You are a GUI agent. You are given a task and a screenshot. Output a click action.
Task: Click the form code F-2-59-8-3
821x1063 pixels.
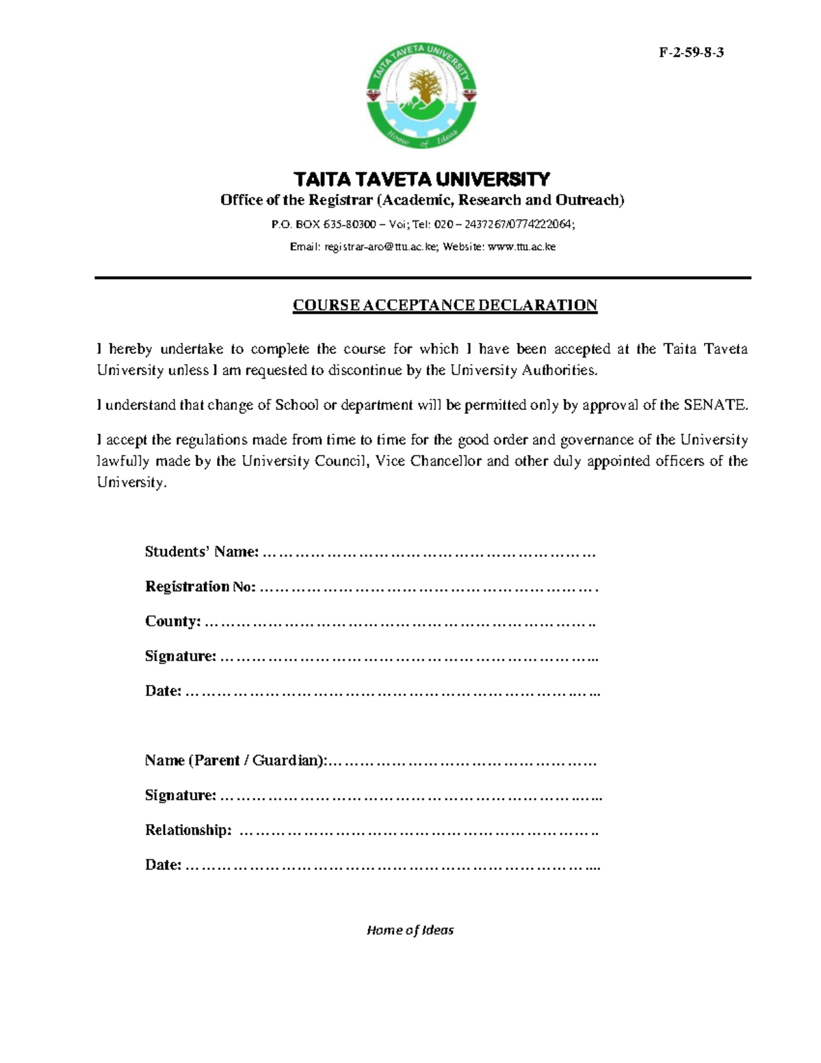(x=691, y=53)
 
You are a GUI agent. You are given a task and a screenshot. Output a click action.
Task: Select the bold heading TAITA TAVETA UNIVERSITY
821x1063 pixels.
(x=421, y=179)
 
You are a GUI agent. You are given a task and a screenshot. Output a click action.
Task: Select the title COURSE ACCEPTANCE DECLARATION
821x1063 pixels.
(x=445, y=305)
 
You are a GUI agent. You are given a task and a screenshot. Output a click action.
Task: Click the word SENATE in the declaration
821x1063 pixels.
(x=715, y=405)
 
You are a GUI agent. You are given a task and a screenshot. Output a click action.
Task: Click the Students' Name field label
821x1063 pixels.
(x=202, y=552)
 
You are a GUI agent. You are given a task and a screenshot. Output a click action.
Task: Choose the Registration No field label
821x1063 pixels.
(x=200, y=587)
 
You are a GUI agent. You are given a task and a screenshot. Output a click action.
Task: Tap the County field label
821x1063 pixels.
(x=172, y=622)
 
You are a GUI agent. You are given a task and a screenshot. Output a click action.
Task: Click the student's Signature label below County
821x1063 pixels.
(x=181, y=656)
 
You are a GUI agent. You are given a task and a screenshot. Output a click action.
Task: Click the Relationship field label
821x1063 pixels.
(x=188, y=830)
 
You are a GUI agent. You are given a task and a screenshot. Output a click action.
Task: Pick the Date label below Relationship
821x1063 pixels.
(x=163, y=865)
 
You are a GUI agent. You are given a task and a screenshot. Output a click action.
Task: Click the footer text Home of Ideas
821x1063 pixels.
(x=410, y=930)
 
